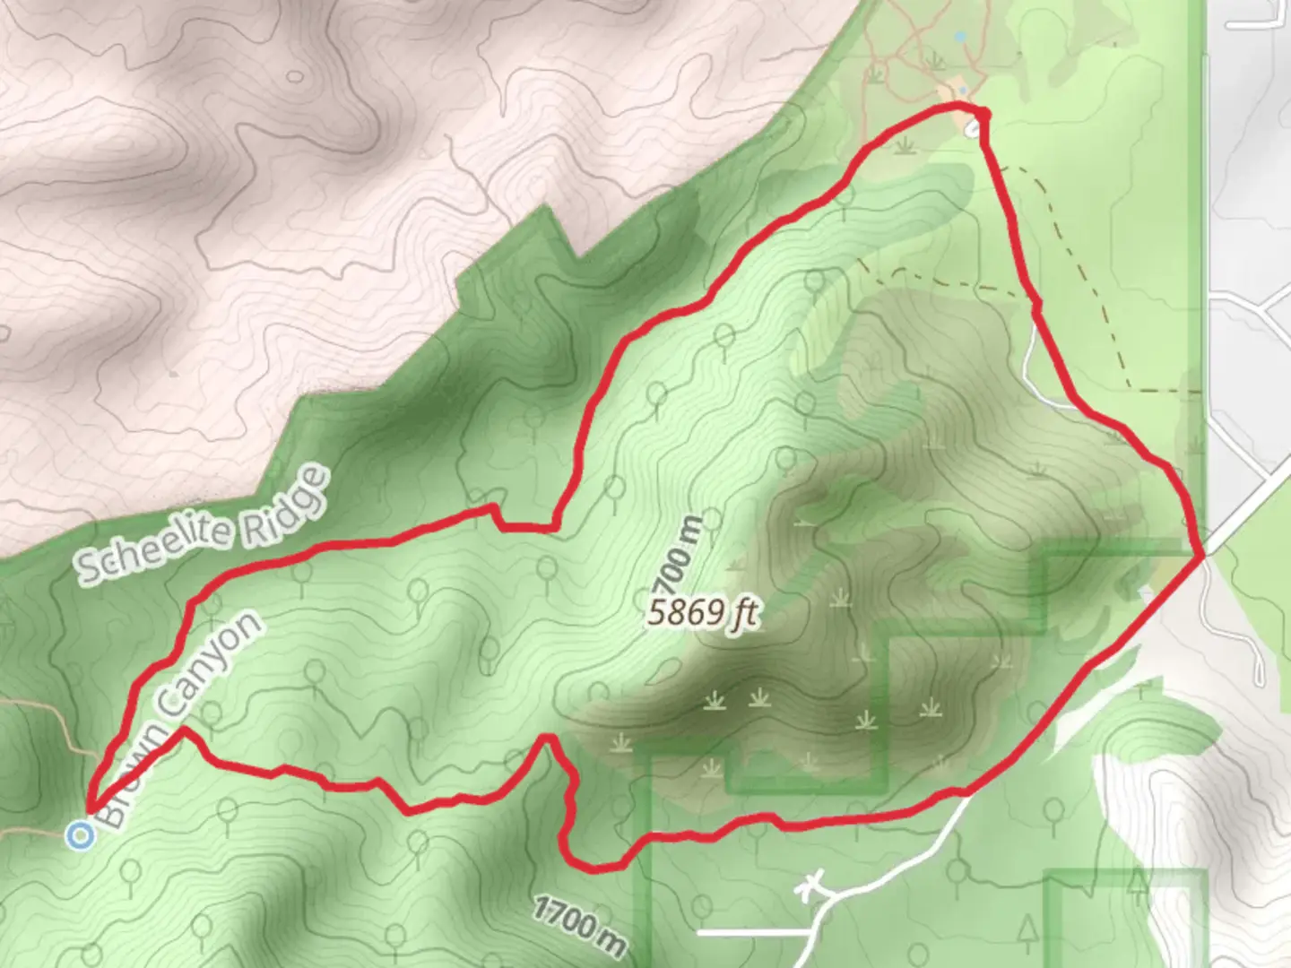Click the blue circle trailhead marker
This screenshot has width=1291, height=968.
(82, 836)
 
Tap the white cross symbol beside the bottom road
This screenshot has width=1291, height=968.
(812, 886)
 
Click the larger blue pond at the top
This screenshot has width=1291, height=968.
(961, 38)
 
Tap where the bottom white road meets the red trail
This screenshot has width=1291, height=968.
(966, 792)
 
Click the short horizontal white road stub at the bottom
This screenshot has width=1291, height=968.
(753, 933)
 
